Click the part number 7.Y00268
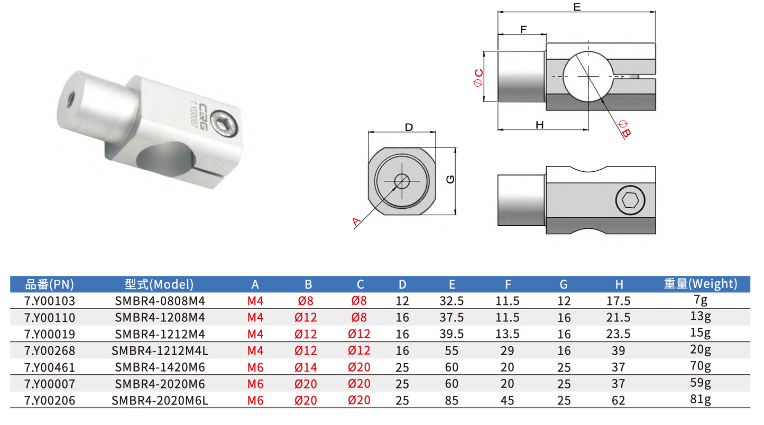(50, 350)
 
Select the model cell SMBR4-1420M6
(160, 367)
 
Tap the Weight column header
(701, 284)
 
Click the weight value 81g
(701, 399)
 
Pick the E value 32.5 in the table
(452, 301)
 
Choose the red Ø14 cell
(306, 367)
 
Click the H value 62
(619, 401)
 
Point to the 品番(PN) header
(50, 284)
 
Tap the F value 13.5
(507, 334)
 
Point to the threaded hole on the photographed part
(71, 99)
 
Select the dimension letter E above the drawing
(577, 7)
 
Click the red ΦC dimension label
(478, 78)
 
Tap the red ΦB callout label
(624, 129)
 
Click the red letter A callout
(356, 222)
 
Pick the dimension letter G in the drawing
(450, 179)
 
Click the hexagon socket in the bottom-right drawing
(630, 200)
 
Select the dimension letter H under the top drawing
(539, 125)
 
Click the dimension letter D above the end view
(409, 127)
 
